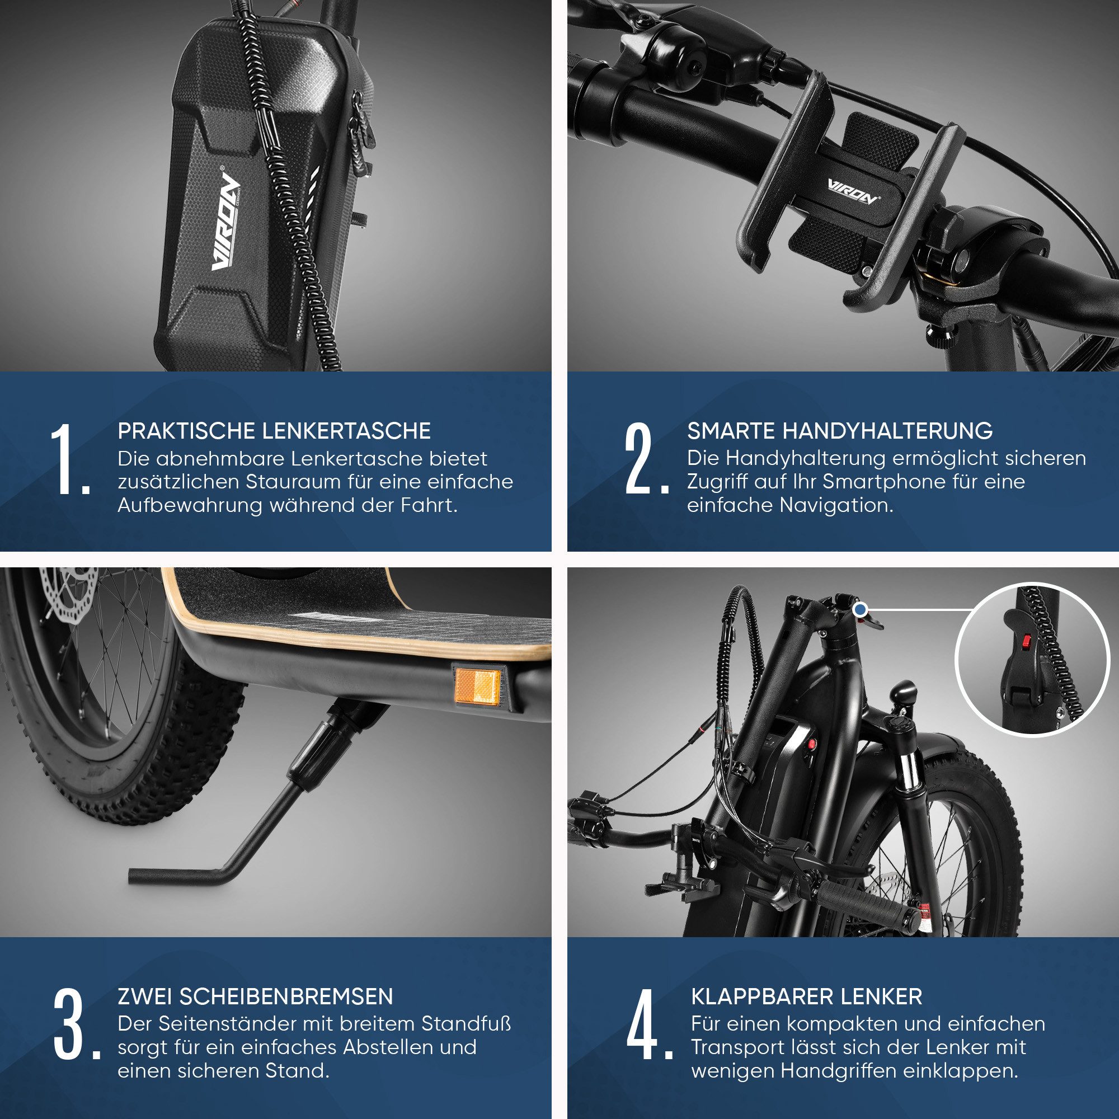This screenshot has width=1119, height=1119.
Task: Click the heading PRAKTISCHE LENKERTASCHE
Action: point(274,431)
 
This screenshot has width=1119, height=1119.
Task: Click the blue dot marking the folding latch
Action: point(861,609)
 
